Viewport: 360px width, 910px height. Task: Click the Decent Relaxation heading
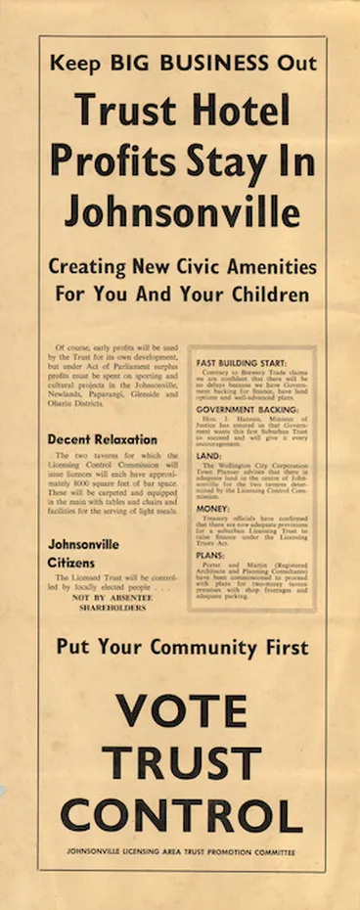pos(103,440)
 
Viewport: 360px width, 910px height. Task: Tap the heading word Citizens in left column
pos(72,563)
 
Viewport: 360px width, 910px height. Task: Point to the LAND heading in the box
pos(208,454)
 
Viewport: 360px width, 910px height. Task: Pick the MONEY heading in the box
pos(212,508)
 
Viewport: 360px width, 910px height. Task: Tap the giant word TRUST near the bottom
pos(181,763)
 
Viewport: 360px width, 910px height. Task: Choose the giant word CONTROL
pos(181,815)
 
